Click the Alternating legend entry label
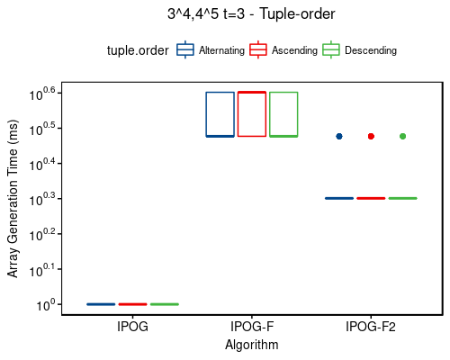(221, 50)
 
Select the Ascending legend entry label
(294, 50)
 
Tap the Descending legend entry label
(370, 50)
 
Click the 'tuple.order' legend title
(138, 50)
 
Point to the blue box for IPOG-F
(220, 114)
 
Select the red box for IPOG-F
(252, 114)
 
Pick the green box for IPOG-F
(283, 114)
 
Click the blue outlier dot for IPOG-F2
(339, 136)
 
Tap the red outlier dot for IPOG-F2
(371, 136)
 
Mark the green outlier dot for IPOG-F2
(402, 136)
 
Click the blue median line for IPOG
(101, 304)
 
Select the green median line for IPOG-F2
(402, 198)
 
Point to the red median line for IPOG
(132, 304)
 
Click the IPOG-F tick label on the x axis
(252, 327)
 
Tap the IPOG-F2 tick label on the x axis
(371, 327)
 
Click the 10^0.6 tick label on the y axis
(42, 93)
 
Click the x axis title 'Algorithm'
(251, 345)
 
